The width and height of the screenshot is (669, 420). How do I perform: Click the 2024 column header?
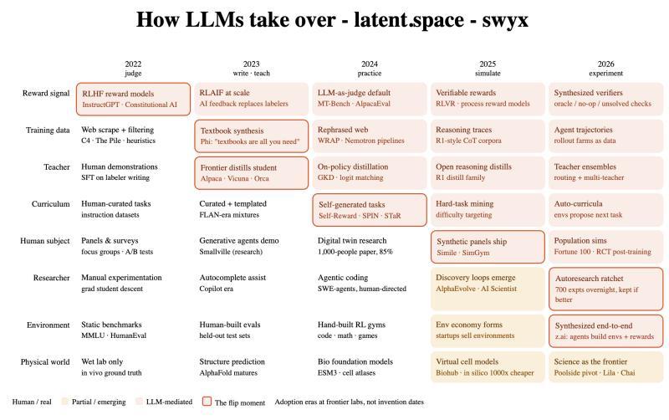(x=370, y=64)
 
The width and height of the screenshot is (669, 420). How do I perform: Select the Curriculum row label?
(x=50, y=204)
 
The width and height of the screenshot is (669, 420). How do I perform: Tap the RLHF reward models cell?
(x=133, y=99)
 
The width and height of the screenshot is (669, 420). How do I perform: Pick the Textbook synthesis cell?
(x=252, y=136)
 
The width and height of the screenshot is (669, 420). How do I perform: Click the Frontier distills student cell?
(x=252, y=173)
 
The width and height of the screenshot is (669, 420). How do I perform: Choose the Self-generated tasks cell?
(x=370, y=210)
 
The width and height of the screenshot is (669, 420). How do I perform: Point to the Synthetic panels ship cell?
(x=488, y=247)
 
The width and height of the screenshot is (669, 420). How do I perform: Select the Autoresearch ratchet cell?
(x=605, y=289)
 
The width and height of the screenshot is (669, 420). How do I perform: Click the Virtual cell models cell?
(x=488, y=367)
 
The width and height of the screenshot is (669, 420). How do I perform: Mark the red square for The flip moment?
(x=207, y=402)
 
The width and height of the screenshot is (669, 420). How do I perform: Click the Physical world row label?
(x=45, y=362)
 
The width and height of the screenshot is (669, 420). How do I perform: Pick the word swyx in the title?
(x=505, y=20)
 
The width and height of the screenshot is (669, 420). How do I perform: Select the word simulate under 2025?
(x=488, y=74)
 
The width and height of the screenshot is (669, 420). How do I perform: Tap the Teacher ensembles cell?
(x=605, y=172)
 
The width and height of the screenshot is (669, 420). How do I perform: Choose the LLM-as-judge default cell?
(x=370, y=99)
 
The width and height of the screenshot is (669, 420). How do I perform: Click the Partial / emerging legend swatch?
(x=65, y=402)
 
